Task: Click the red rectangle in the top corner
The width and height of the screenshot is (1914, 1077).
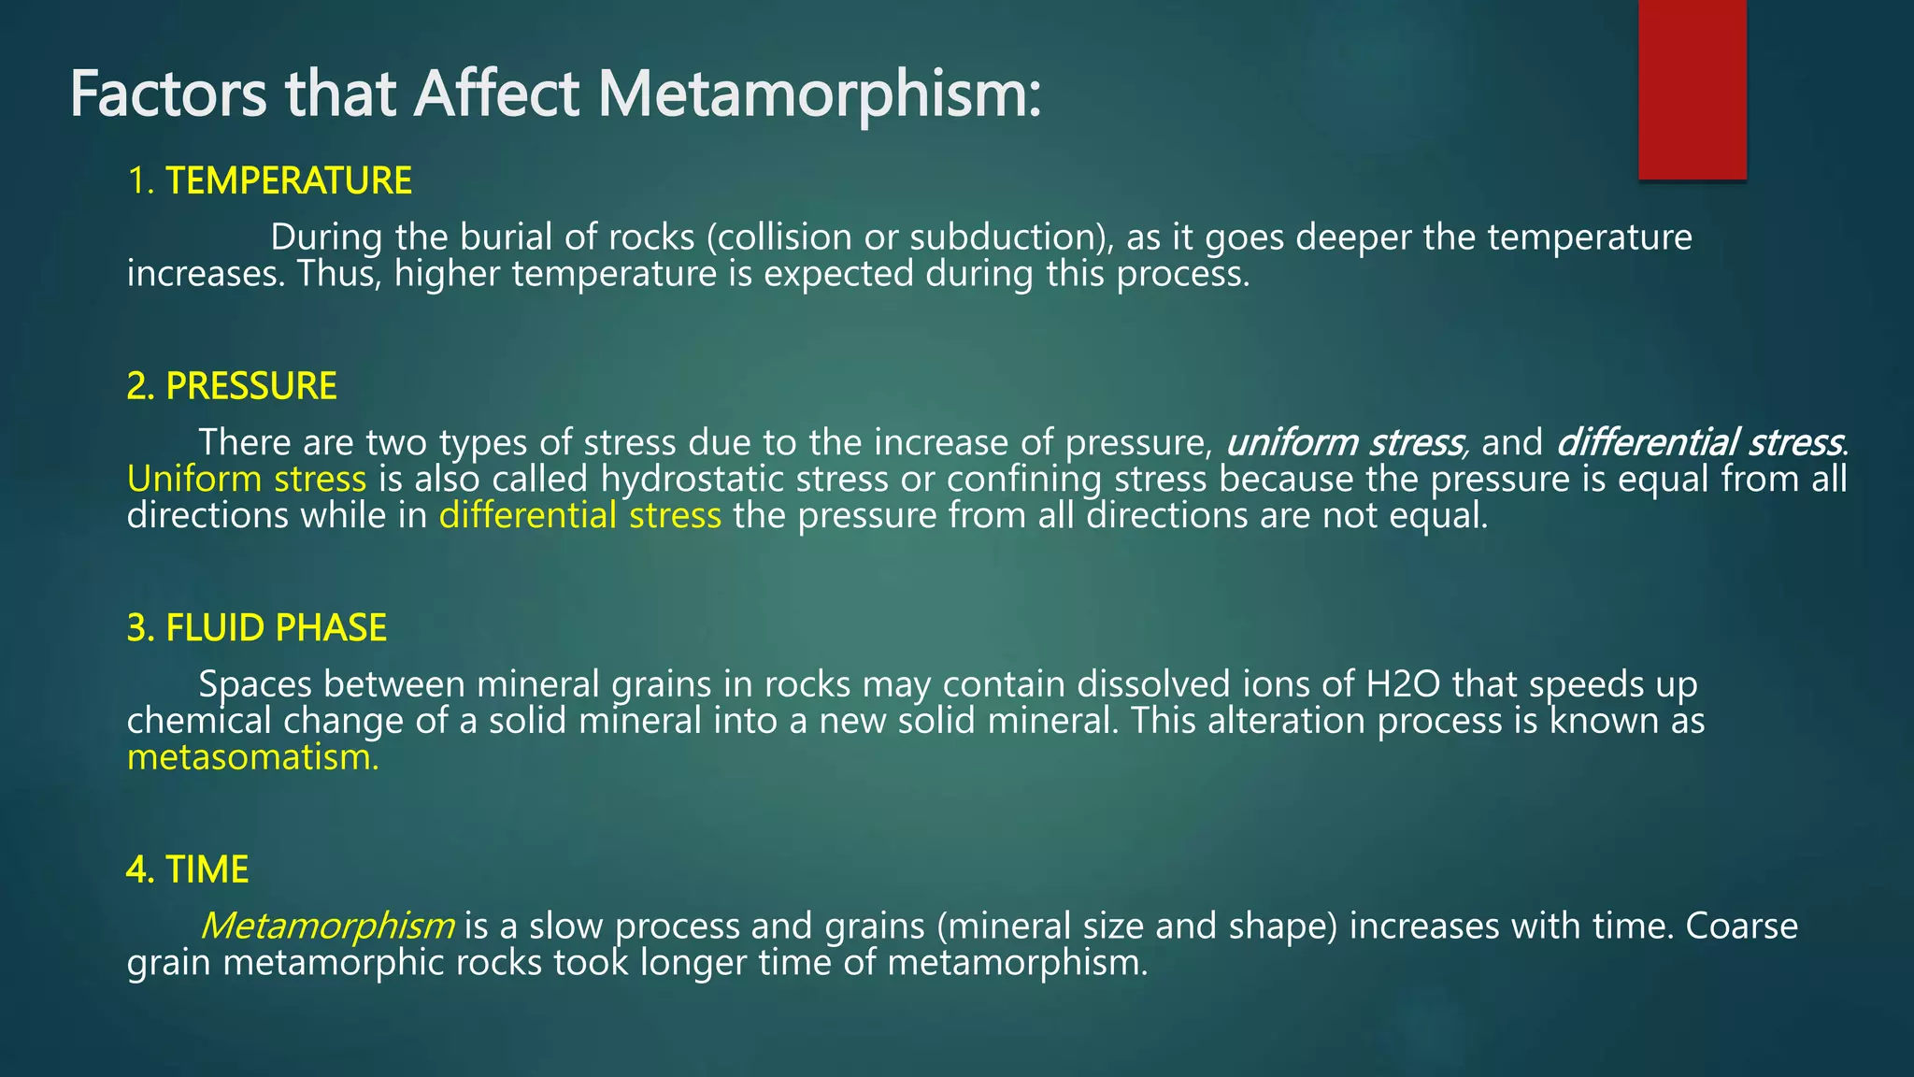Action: coord(1692,89)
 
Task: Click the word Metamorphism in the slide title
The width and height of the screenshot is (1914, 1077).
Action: coord(819,94)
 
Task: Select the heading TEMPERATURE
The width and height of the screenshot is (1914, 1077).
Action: coord(289,180)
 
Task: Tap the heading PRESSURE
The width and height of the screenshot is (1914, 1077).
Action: coord(250,386)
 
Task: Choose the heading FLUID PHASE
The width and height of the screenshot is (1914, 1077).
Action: coord(276,627)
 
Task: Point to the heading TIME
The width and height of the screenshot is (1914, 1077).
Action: coord(207,869)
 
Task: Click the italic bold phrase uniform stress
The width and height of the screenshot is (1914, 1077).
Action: coord(1345,442)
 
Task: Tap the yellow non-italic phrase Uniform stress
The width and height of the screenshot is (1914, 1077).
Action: coord(247,479)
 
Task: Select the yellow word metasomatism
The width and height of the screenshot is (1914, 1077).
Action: coord(252,757)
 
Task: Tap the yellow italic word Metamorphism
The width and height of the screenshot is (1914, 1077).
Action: coord(327,926)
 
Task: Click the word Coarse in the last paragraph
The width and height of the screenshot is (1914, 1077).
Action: coord(1741,926)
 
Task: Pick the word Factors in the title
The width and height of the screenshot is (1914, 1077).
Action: coord(168,94)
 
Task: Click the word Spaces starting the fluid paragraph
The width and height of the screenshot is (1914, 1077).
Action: coord(255,684)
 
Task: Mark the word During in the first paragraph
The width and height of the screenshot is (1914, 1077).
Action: coord(326,237)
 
